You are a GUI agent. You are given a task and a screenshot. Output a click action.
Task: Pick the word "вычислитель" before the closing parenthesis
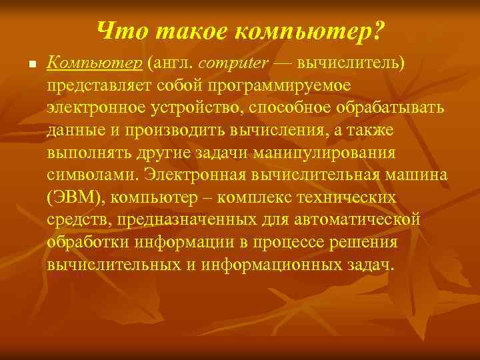pos(351,63)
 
